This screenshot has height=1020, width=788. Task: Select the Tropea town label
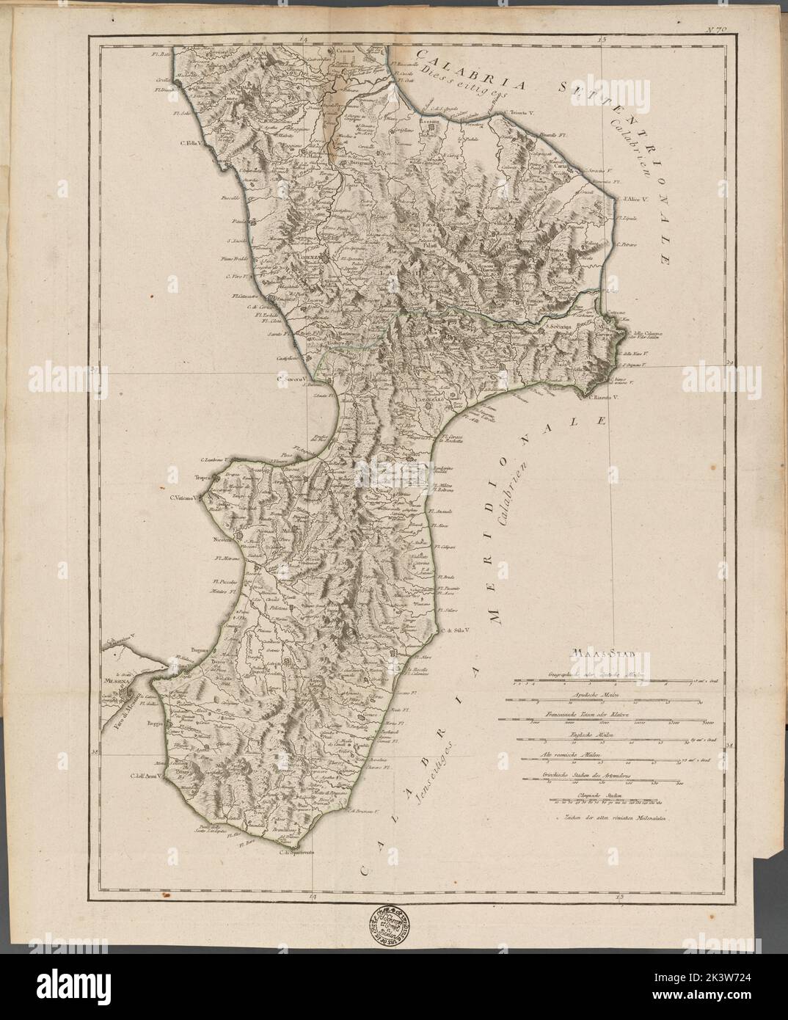point(203,476)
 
